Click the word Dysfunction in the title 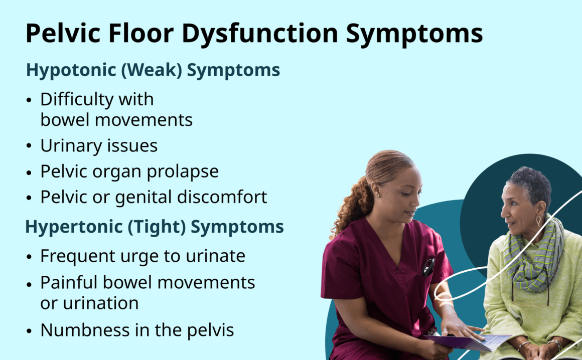pos(259,34)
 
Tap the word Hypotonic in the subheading pos(71,70)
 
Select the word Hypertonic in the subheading pos(73,227)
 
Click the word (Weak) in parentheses pos(152,70)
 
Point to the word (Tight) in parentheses pos(157,227)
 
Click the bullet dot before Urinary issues pos(29,146)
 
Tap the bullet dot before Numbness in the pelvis pos(29,331)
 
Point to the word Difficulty pos(77,100)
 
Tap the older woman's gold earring pos(538,221)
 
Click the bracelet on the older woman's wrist pos(555,343)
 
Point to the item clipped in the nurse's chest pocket pos(428,267)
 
